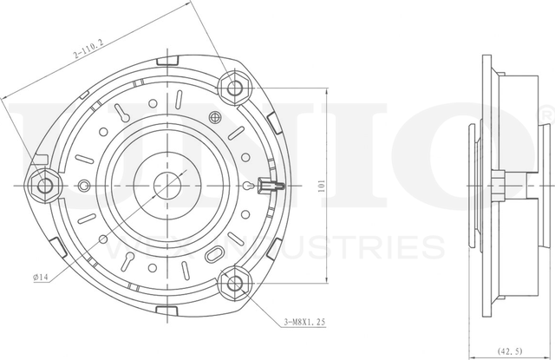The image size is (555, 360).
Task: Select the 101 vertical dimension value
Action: click(322, 185)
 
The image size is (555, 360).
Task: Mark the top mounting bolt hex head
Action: click(235, 86)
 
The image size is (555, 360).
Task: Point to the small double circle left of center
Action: click(84, 185)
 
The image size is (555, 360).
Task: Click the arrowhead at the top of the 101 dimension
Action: click(326, 88)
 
